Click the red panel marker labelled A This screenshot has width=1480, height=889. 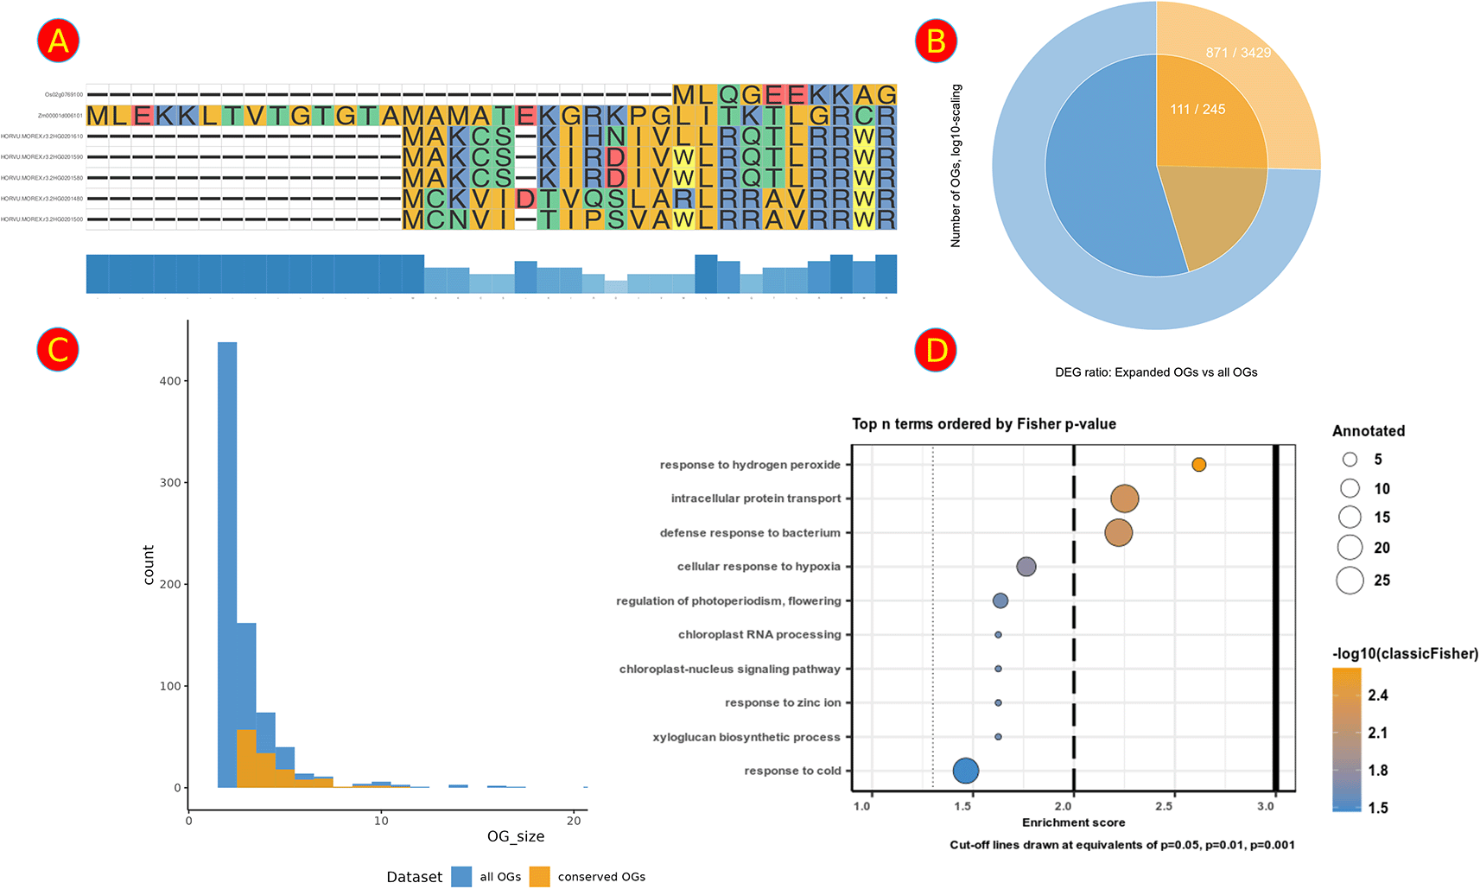58,41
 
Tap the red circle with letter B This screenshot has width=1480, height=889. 936,41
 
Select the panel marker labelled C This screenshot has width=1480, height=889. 58,350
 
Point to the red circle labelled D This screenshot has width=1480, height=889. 936,350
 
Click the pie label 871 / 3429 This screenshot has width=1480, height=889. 1238,53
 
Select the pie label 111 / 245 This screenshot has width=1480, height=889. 1197,109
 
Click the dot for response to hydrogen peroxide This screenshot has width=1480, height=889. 1198,465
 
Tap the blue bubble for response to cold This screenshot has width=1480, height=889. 965,771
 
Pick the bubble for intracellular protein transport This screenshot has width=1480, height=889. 1124,498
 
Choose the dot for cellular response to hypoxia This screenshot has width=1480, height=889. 1026,567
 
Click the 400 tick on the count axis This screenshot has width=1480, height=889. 170,381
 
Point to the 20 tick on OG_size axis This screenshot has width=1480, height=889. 574,821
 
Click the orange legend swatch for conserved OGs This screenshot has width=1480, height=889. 539,876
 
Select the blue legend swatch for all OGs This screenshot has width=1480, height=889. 461,876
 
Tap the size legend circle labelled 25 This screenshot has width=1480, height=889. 1350,581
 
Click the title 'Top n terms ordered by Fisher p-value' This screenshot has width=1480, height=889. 983,424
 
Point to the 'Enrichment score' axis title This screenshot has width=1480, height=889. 1073,822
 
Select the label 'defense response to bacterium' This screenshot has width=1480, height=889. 749,533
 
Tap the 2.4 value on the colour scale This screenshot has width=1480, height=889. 1377,695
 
